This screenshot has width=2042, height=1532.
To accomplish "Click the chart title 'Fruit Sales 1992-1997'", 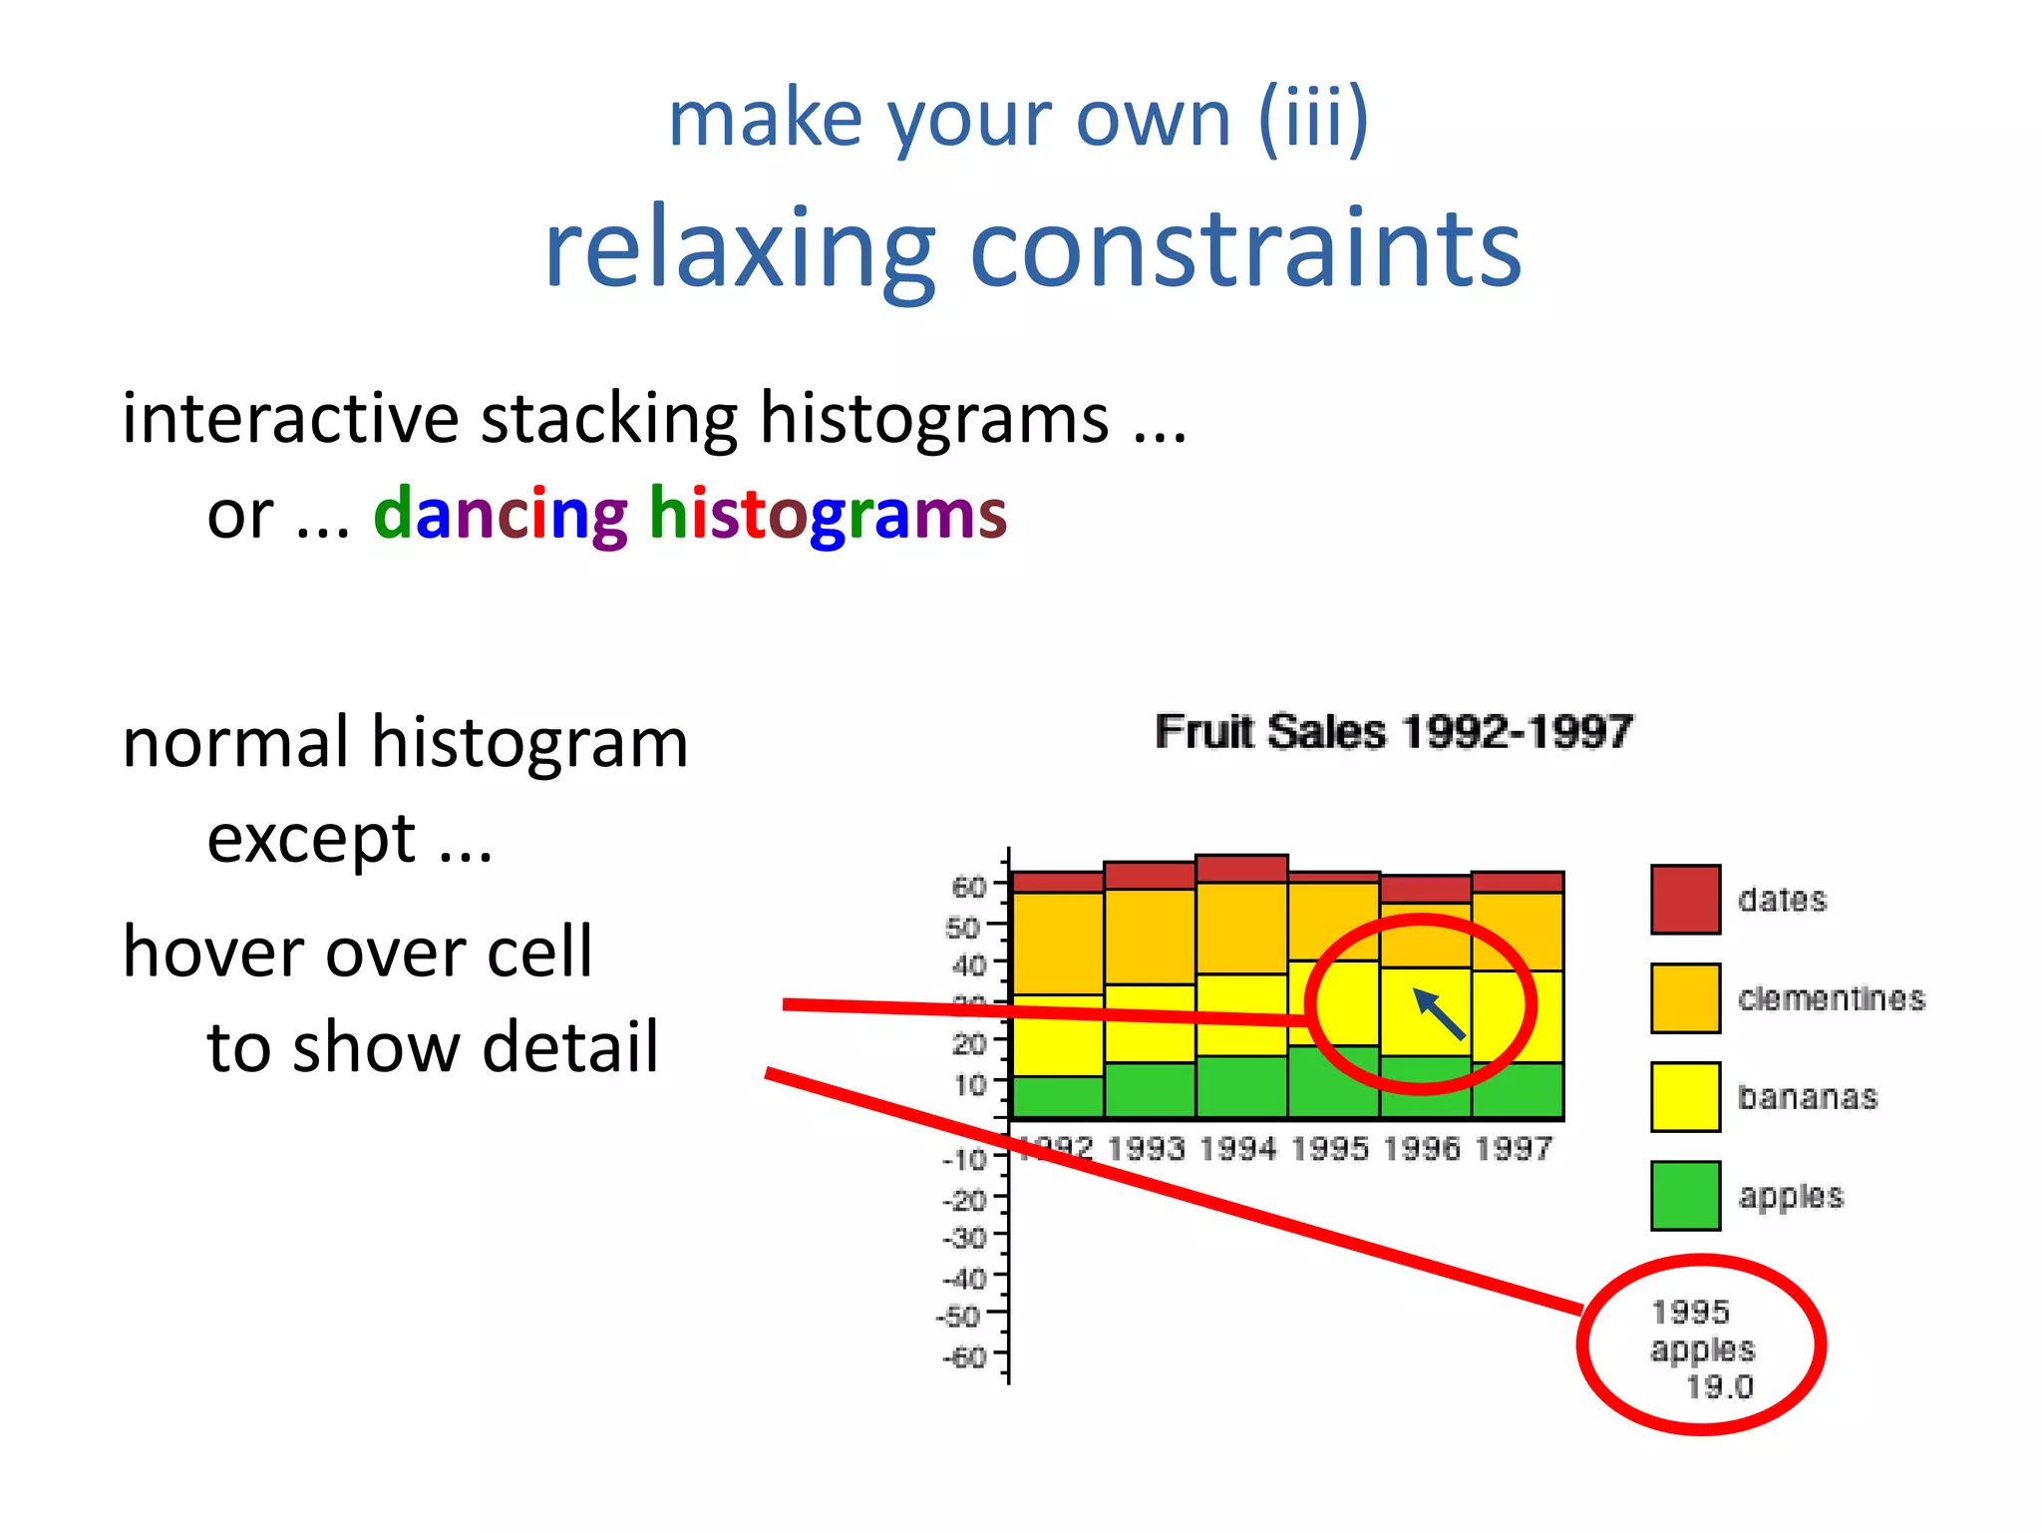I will click(x=1393, y=732).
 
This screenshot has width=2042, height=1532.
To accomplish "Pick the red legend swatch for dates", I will click(x=1685, y=900).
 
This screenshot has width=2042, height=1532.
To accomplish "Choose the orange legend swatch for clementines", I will click(x=1685, y=997).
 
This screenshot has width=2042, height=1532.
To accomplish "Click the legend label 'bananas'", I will click(x=1808, y=1097).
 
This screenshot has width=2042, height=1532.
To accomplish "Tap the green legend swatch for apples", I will click(x=1685, y=1195).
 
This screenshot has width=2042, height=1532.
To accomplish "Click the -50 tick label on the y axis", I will click(x=961, y=1317).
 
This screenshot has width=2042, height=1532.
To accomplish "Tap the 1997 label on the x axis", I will click(x=1514, y=1149).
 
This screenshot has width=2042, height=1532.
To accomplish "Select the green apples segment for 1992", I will click(x=1057, y=1097).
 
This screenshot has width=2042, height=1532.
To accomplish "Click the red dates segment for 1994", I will click(x=1241, y=869).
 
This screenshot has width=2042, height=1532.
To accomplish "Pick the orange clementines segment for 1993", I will click(x=1150, y=936).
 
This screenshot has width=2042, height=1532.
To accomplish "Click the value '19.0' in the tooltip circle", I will click(x=1719, y=1387).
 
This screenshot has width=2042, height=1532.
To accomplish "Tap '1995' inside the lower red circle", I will click(x=1690, y=1312).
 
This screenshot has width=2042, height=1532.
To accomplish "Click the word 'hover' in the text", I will click(x=209, y=953).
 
